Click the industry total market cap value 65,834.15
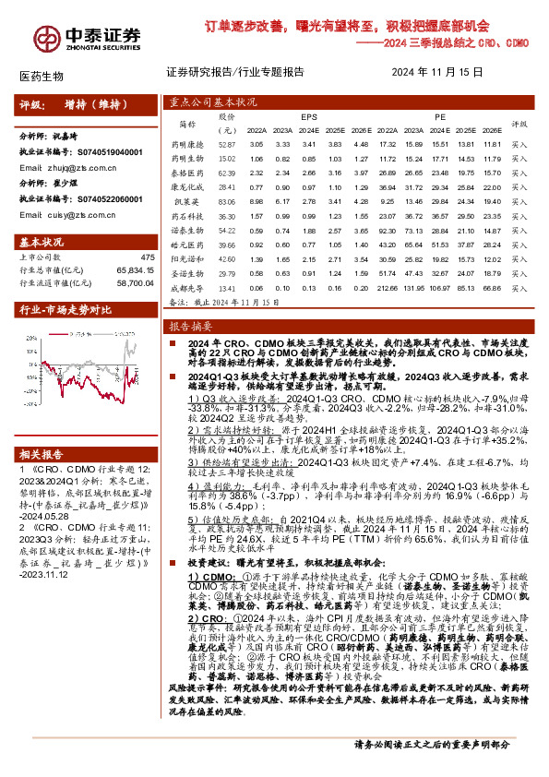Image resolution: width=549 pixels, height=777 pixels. pyautogui.click(x=132, y=270)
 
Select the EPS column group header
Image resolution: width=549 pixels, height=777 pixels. pyautogui.click(x=307, y=117)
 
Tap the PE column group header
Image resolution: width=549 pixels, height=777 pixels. pyautogui.click(x=440, y=117)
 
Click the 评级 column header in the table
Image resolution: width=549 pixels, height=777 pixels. pyautogui.click(x=519, y=124)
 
